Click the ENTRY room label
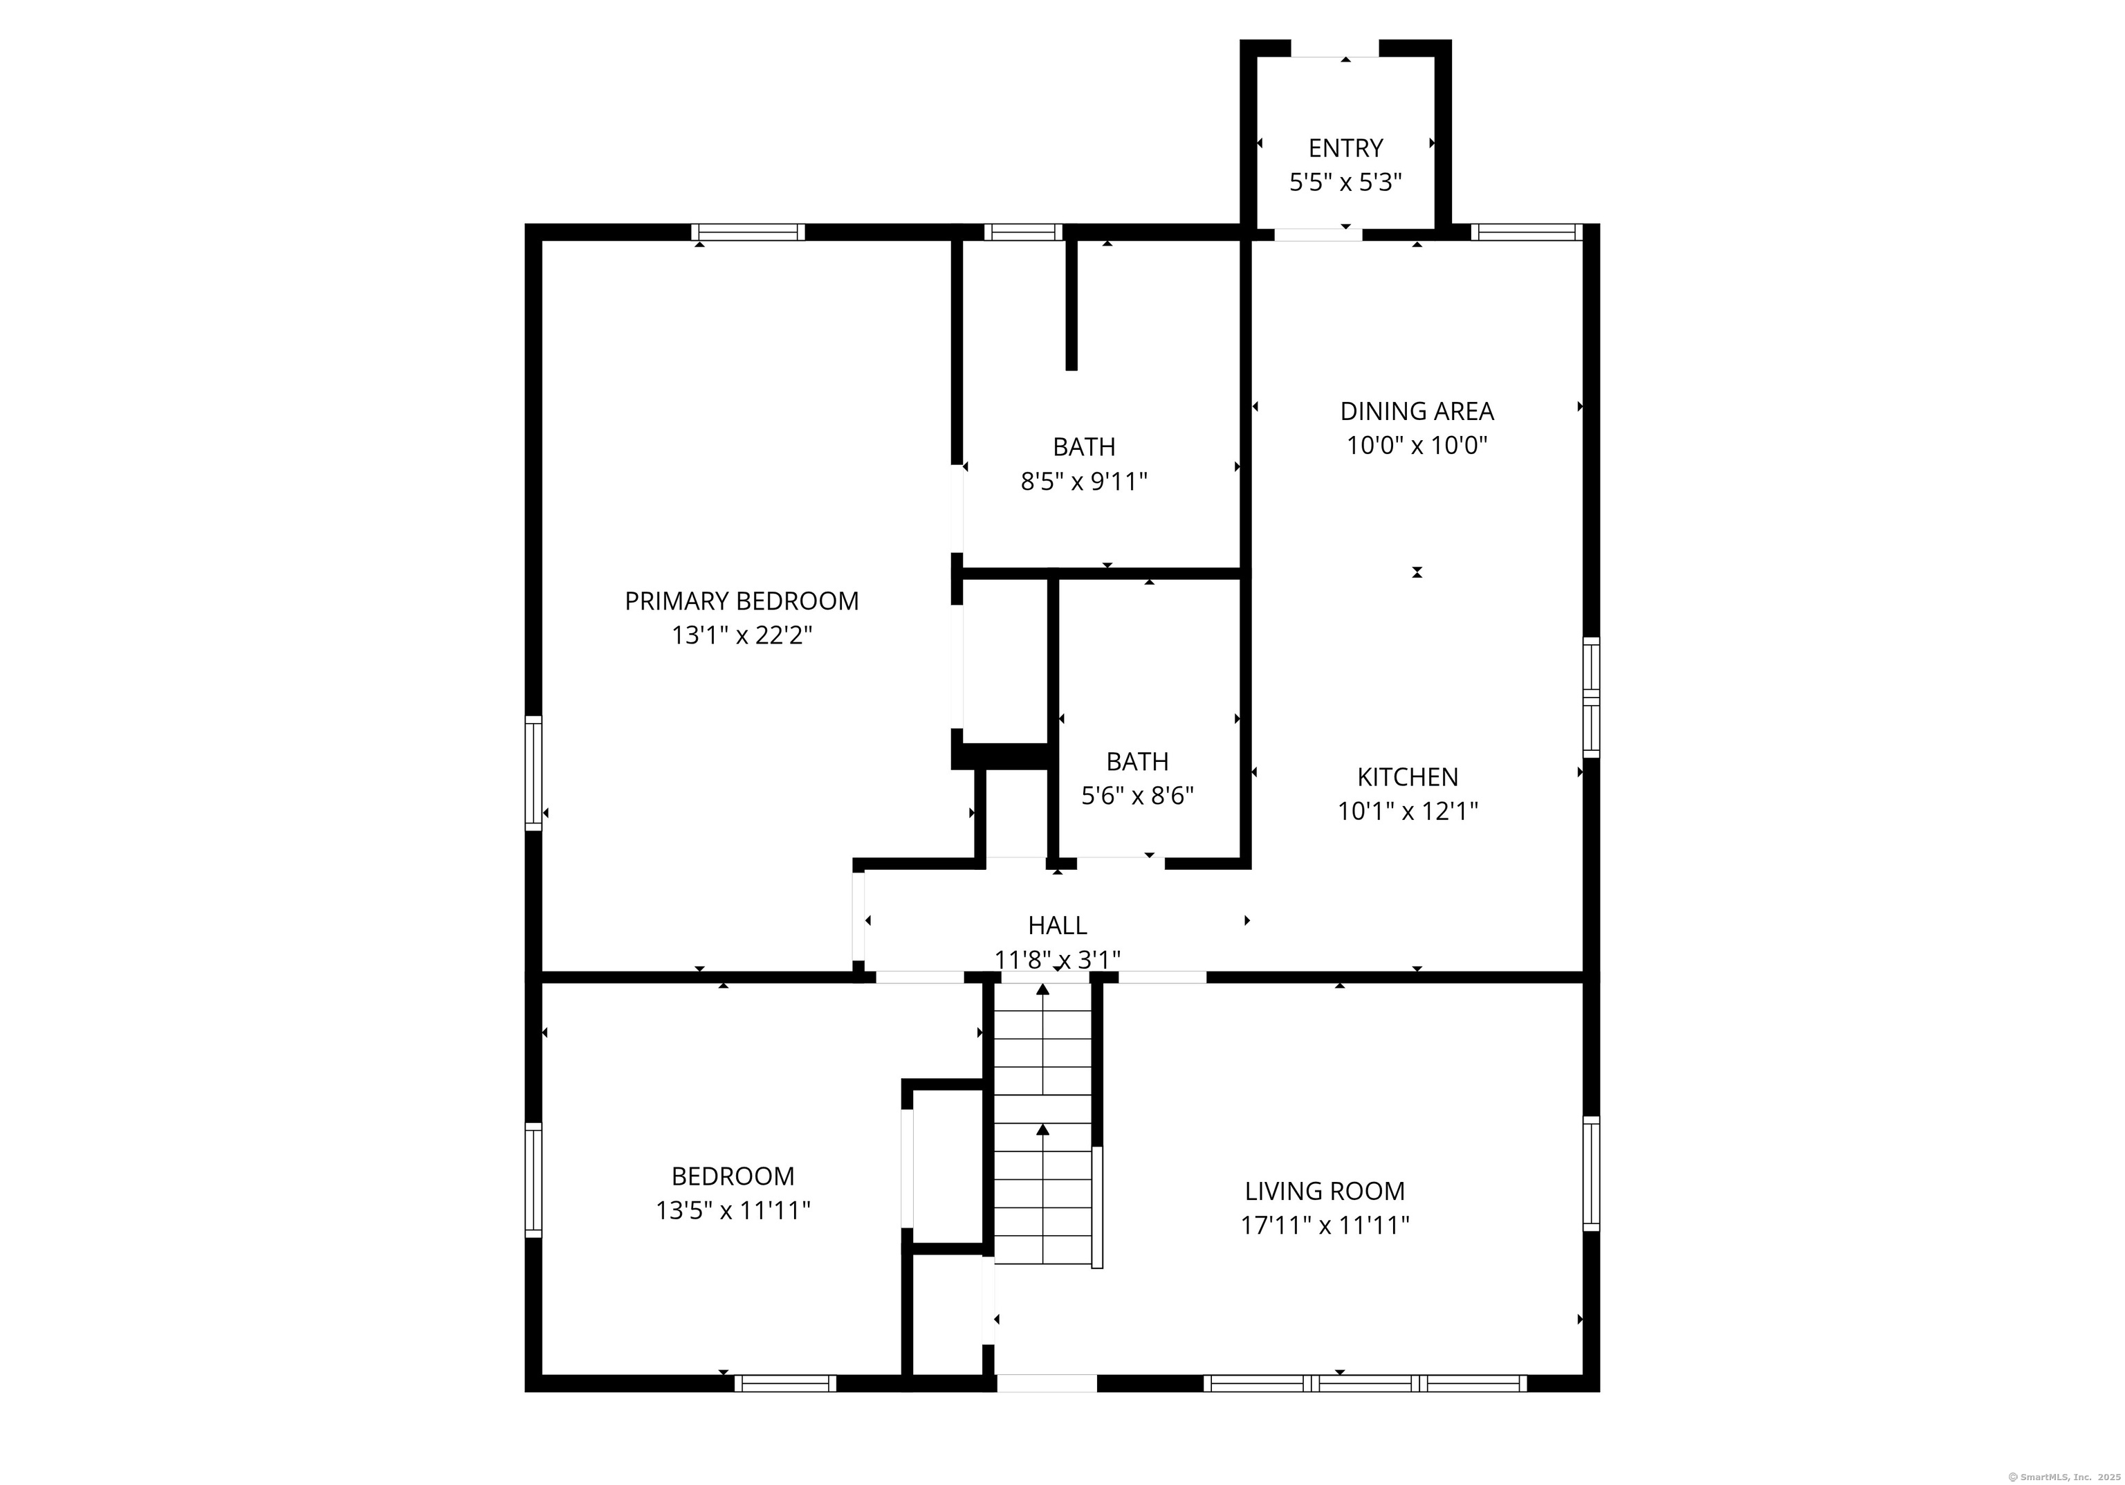point(1345,148)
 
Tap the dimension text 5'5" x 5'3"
point(1345,183)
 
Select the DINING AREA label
point(1417,411)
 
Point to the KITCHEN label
point(1408,777)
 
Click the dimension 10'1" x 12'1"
point(1408,812)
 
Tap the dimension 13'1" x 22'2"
point(742,636)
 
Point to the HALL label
point(1057,926)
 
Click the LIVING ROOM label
point(1325,1192)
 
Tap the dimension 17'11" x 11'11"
point(1325,1226)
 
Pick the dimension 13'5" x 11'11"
point(733,1211)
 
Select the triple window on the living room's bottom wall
point(1365,1384)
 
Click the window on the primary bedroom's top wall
point(748,233)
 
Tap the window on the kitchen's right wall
point(1591,697)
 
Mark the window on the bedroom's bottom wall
point(786,1384)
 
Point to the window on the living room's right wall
point(1591,1173)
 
